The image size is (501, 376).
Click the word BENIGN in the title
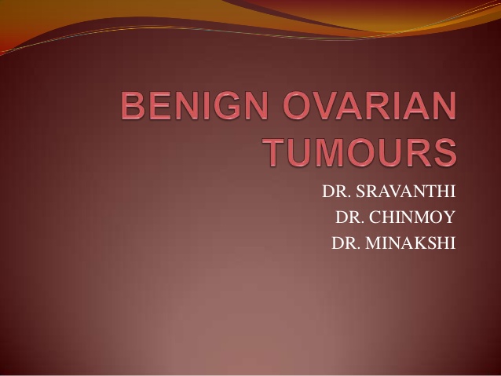click(x=194, y=105)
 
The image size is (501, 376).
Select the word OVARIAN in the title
click(x=370, y=105)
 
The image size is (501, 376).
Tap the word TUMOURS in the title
click(x=361, y=152)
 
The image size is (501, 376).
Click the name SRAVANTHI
click(x=405, y=191)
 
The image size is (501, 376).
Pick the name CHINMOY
click(x=411, y=217)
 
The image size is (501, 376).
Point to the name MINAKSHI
click(x=410, y=243)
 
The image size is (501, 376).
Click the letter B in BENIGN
click(x=133, y=105)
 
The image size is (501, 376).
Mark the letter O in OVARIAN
click(x=297, y=105)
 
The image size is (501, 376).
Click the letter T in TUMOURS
click(x=278, y=152)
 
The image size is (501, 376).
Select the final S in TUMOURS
click(x=444, y=152)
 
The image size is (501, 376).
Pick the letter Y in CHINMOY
click(x=448, y=217)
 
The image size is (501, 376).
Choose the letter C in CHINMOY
click(x=375, y=217)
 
